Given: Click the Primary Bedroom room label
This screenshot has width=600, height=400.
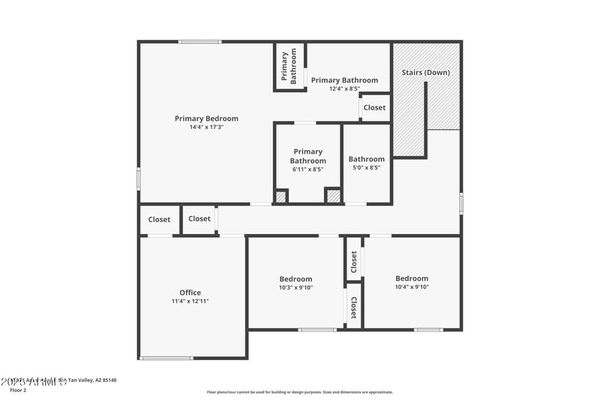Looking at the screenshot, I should (x=206, y=119).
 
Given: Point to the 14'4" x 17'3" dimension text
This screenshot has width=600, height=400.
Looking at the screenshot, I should (x=206, y=128).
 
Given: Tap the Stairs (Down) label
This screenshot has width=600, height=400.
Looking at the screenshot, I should (x=425, y=73).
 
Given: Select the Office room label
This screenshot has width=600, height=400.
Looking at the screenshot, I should (x=190, y=293).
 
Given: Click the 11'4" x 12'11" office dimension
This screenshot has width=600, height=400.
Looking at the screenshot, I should (x=190, y=301).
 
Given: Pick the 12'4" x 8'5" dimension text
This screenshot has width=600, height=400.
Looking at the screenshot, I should (x=344, y=89).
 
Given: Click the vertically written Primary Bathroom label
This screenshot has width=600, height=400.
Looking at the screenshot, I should (x=289, y=65).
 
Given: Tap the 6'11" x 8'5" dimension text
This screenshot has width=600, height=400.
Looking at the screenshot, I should (x=308, y=170).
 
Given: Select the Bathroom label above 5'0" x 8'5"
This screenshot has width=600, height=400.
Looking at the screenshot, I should (x=366, y=159).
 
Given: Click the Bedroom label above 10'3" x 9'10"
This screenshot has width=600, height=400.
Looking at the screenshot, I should (x=295, y=279).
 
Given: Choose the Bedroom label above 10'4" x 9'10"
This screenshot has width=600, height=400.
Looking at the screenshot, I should (x=412, y=278).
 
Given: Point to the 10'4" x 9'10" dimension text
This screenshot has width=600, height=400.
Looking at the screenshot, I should (x=412, y=287).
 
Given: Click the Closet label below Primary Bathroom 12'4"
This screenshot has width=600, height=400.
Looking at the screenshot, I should (x=374, y=107).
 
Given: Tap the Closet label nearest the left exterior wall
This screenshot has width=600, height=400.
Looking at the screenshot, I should (x=159, y=220).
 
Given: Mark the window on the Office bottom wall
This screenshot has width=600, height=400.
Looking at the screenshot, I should (x=166, y=358).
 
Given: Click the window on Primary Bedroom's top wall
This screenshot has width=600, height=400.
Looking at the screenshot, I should (x=199, y=41).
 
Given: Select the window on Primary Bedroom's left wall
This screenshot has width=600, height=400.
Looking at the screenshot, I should (x=139, y=178).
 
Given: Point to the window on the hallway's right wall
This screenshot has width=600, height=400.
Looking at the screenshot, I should (x=460, y=203).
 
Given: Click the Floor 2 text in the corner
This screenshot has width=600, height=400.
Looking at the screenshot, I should (x=18, y=390).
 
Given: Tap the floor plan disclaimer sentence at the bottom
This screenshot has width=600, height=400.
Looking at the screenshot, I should (x=299, y=392).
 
